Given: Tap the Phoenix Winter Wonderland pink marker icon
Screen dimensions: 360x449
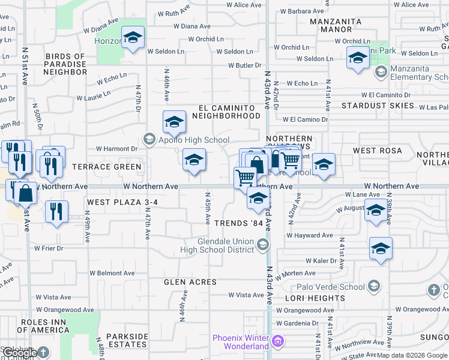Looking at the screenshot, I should coord(277,343).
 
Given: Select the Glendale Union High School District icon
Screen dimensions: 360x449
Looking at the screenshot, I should coord(262,244).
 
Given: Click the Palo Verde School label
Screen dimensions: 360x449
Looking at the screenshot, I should coord(334,286).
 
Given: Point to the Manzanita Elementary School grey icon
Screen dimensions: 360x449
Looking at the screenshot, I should coord(380,73).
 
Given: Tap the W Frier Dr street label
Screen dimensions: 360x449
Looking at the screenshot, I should coord(49,248).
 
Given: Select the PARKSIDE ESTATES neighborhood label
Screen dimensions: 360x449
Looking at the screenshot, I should coord(127,340).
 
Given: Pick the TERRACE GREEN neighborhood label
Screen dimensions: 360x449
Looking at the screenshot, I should coord(107,167).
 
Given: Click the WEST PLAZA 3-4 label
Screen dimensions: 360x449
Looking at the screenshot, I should coord(122,203).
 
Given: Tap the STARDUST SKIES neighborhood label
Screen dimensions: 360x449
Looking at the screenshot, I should coord(378,106).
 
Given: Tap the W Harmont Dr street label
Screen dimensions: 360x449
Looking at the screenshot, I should coord(117,149).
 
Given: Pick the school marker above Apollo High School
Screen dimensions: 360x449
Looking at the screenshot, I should coord(173,122).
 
